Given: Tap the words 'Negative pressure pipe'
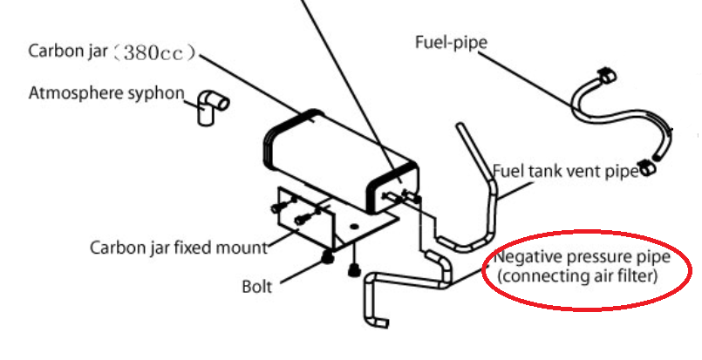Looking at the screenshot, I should pyautogui.click(x=582, y=260).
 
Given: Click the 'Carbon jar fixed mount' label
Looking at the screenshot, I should pyautogui.click(x=179, y=247).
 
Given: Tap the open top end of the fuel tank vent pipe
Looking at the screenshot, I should pyautogui.click(x=460, y=129).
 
